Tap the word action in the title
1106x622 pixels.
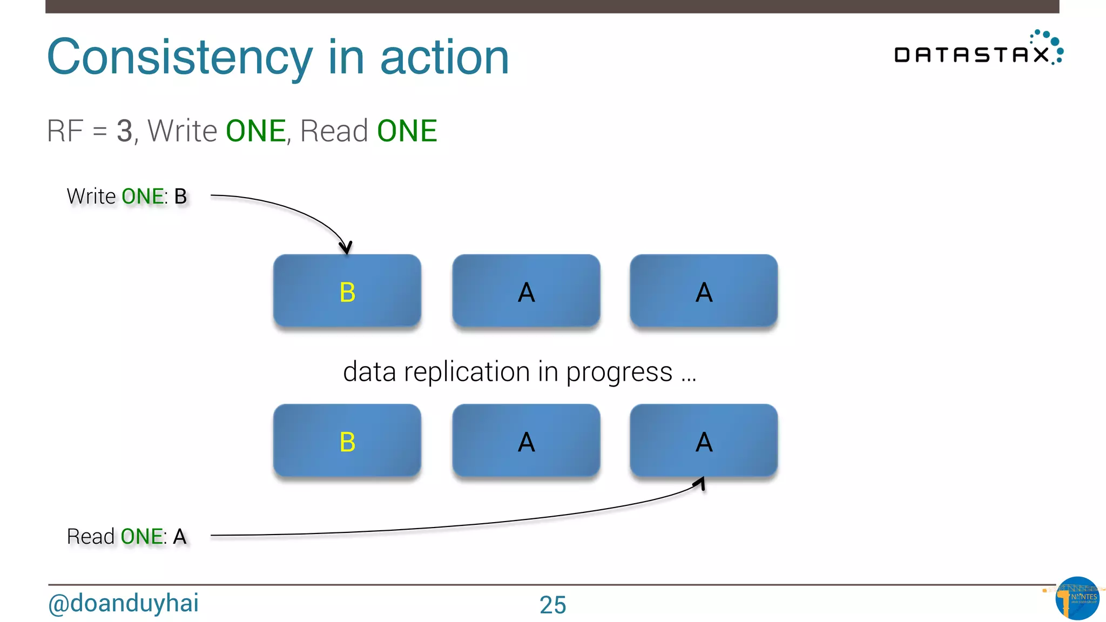444,58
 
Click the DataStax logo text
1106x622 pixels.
971,55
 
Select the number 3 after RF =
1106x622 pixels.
124,131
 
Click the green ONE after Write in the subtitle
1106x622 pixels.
255,131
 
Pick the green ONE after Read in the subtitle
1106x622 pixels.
407,131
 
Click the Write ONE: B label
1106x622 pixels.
126,197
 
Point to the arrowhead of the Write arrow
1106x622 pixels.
346,248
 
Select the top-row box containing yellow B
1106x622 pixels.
347,292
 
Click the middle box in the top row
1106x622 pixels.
526,292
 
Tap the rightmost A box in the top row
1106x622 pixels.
704,292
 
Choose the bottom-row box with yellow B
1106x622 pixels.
347,441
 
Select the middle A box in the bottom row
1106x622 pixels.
526,441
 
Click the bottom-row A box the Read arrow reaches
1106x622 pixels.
704,441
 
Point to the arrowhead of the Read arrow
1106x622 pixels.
702,482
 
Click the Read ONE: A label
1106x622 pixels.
126,537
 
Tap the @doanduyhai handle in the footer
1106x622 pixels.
123,603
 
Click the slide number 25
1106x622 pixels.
552,605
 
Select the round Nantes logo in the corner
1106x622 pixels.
1077,598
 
